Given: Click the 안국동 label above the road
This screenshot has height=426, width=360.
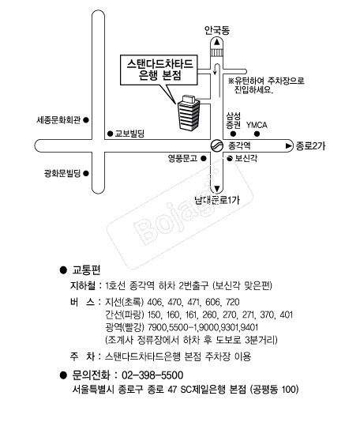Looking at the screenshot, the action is pos(217,30).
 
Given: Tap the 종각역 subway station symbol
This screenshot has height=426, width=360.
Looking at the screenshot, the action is pos(217,145).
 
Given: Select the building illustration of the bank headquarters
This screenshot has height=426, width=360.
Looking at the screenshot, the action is pos(189,113).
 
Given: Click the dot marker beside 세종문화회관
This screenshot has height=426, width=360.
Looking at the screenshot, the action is pos(86,120).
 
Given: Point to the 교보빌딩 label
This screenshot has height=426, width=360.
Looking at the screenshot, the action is pos(129,134).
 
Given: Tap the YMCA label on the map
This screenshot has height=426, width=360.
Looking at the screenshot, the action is pos(257,125).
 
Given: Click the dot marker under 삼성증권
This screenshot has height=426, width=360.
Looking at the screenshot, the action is pos(233,134).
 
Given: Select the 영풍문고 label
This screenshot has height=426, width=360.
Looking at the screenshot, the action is pos(182,158).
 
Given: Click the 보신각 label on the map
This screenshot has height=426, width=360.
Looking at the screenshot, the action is pos(246,158).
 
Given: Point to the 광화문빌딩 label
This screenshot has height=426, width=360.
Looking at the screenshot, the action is pos(62,173).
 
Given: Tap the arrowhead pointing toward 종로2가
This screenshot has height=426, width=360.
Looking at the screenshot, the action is pos(289,146).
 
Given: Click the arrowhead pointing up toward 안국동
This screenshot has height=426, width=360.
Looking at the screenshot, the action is pos(217,42).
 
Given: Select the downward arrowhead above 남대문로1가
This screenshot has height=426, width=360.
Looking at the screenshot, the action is pos(217,189).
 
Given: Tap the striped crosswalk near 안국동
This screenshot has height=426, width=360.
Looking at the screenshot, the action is pos(217,52).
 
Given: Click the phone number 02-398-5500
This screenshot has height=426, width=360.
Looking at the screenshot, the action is pos(152,375).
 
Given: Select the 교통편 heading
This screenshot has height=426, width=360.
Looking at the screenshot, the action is pos(86,270).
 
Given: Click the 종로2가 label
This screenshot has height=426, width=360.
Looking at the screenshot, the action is pos(310,146).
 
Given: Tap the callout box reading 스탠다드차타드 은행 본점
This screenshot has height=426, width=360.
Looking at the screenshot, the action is pos(159,70).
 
